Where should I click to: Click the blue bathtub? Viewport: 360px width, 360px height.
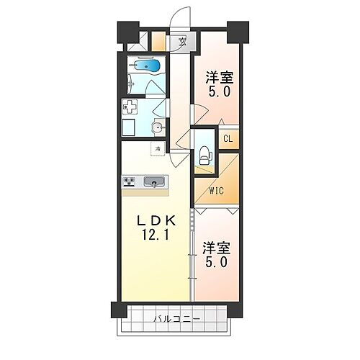click(148, 66)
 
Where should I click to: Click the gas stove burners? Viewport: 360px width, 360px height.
click(130, 181)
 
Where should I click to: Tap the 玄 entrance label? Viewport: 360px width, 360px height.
click(184, 41)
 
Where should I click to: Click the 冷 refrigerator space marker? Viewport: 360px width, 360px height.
click(157, 149)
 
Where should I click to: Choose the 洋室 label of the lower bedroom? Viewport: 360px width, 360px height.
click(216, 247)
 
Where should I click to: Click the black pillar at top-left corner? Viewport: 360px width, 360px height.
click(127, 32)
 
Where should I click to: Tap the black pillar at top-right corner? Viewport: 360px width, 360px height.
click(235, 32)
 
